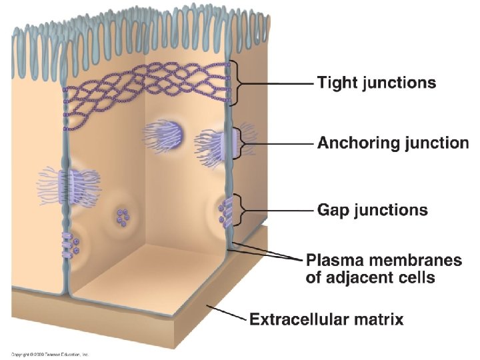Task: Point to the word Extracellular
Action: (x=301, y=319)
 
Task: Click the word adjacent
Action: (x=359, y=277)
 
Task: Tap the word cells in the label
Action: (x=415, y=277)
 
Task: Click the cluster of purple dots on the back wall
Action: (x=122, y=216)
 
